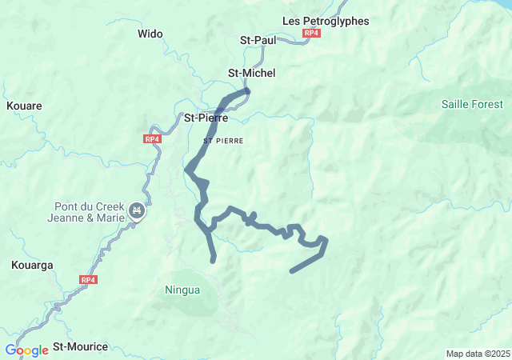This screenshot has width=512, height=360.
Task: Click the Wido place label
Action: tap(150, 34)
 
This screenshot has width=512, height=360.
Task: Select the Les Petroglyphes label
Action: tap(326, 21)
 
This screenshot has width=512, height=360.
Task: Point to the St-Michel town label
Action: tap(251, 73)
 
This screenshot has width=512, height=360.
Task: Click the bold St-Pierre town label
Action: tap(206, 118)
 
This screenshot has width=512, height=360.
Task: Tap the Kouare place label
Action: tap(24, 106)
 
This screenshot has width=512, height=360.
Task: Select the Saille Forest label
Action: tap(472, 104)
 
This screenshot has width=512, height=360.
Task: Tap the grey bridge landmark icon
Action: tap(138, 210)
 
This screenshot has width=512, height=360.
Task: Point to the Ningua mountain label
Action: tap(182, 289)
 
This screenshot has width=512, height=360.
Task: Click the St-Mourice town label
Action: tap(80, 346)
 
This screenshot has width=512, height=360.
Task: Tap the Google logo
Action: tap(26, 350)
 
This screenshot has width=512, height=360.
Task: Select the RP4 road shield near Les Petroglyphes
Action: tap(312, 34)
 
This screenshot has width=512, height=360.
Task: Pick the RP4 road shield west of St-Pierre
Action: tap(152, 138)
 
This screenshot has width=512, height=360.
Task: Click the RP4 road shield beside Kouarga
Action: tap(88, 279)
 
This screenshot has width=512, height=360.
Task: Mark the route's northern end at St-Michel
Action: tap(247, 91)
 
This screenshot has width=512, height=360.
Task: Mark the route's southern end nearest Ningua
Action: tap(213, 260)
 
